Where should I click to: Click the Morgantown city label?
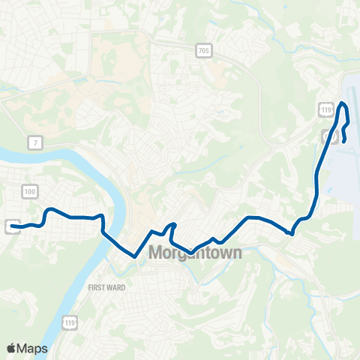pos(196,253)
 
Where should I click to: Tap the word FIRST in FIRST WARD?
pos(97,287)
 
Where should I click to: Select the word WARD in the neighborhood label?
pos(117,287)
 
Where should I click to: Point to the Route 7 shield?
pos(34,142)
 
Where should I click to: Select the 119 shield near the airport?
pos(325,110)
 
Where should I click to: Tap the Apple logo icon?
pos(11,348)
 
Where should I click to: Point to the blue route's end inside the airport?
pos(343,141)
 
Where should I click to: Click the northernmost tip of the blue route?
pos(343,103)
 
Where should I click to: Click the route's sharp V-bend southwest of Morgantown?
pos(135,256)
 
